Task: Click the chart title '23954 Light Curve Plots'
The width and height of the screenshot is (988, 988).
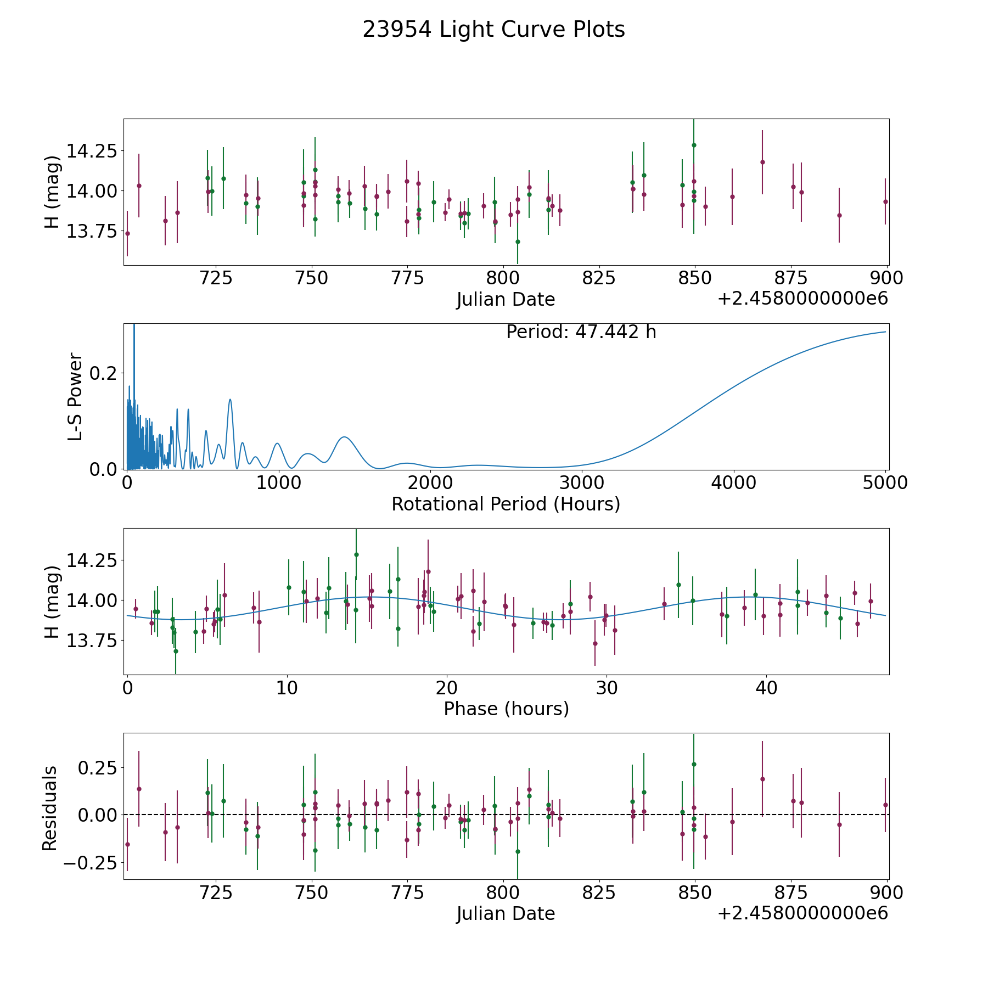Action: (493, 30)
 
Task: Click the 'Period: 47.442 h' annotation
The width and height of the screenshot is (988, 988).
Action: (581, 332)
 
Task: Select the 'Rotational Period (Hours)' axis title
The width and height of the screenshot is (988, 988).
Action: (506, 504)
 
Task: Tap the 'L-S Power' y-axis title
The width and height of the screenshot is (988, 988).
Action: (75, 397)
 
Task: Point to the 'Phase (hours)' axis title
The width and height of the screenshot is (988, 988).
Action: (506, 709)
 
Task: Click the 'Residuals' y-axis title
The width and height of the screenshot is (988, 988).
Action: (50, 808)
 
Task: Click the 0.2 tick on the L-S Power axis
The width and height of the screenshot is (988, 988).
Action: (103, 373)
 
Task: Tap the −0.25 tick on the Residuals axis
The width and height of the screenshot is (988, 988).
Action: (90, 863)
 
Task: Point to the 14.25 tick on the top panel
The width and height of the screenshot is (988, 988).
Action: (92, 150)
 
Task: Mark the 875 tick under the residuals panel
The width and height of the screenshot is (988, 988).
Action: (790, 892)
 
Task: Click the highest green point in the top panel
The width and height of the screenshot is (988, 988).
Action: (694, 145)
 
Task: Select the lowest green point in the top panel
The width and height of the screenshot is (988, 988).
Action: (518, 242)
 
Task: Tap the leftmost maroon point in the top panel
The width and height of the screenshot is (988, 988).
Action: (127, 233)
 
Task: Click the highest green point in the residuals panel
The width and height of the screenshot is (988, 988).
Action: (694, 764)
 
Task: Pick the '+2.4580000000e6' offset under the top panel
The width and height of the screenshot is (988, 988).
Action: (802, 299)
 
